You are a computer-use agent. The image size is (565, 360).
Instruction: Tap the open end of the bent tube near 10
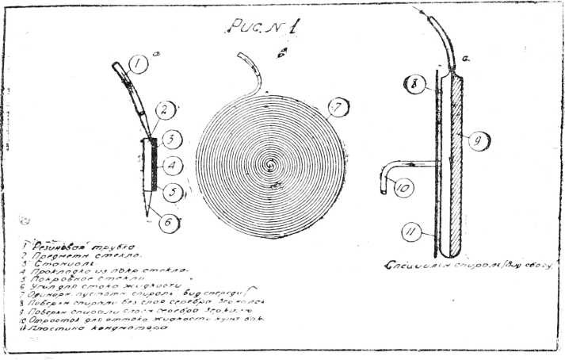click(x=382, y=189)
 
